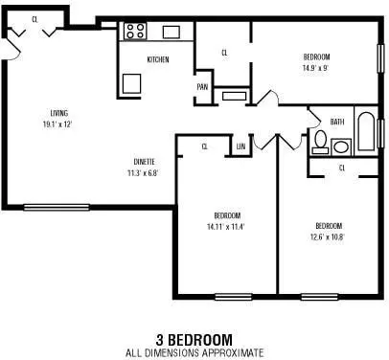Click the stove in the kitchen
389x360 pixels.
pyautogui.click(x=135, y=31)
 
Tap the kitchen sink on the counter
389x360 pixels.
pyautogui.click(x=172, y=33)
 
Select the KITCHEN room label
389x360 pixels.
pyautogui.click(x=158, y=59)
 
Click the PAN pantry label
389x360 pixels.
pyautogui.click(x=202, y=87)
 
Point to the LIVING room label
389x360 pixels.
pyautogui.click(x=59, y=113)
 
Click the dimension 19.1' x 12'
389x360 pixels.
pyautogui.click(x=57, y=124)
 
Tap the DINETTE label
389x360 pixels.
pyautogui.click(x=144, y=162)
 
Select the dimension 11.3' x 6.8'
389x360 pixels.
pyautogui.click(x=143, y=173)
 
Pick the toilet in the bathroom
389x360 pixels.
pyautogui.click(x=320, y=143)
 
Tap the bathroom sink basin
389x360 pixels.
pyautogui.click(x=341, y=147)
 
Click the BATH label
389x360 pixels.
pyautogui.click(x=337, y=122)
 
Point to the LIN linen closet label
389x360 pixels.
pyautogui.click(x=241, y=146)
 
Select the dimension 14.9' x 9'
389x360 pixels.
pyautogui.click(x=316, y=68)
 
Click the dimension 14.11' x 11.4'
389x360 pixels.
pyautogui.click(x=226, y=227)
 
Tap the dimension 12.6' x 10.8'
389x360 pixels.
pyautogui.click(x=328, y=237)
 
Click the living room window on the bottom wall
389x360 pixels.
pyautogui.click(x=57, y=208)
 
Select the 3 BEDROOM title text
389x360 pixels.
pyautogui.click(x=194, y=340)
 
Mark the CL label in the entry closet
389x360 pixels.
pyautogui.click(x=34, y=19)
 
